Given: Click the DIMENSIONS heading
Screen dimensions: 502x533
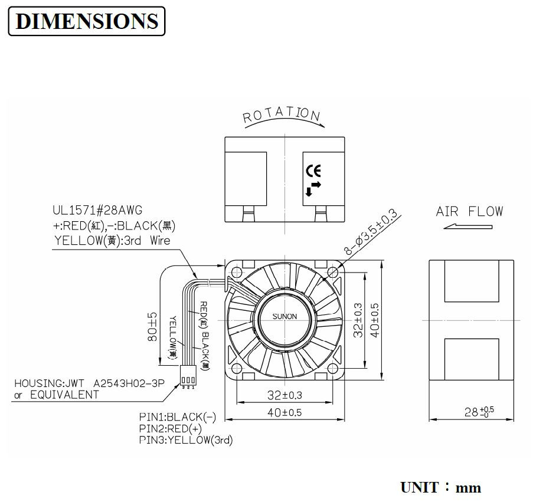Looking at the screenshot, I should coord(87,22).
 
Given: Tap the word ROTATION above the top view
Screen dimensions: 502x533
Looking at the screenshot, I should coord(282,115).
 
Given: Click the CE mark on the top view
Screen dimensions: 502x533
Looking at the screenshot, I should coord(313,171).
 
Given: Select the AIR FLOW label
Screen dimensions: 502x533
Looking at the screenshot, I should coord(469,212).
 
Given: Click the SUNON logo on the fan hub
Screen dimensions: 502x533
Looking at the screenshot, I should coord(285,316).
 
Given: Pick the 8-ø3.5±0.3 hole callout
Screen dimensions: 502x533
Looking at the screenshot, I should coord(371,232).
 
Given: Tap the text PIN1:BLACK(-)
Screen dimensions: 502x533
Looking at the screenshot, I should coord(177,418).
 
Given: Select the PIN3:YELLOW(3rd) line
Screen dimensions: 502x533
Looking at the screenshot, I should coord(185,440).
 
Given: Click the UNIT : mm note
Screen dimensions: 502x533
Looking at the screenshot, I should coord(440,488).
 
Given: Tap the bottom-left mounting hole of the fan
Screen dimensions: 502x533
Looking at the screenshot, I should coord(237,369).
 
